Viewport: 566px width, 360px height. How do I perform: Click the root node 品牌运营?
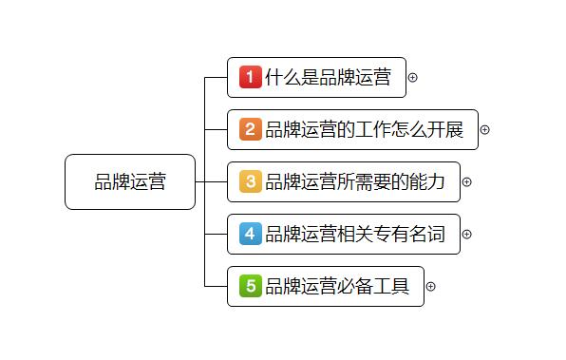click(130, 181)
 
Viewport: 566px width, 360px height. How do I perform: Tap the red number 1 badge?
click(250, 77)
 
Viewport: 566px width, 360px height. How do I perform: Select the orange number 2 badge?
click(250, 129)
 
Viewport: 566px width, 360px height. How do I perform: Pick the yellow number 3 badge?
click(250, 181)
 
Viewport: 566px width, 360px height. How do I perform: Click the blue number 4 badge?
click(250, 234)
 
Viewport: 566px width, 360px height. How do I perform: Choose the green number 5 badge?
click(250, 286)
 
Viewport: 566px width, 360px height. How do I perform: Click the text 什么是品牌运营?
click(329, 77)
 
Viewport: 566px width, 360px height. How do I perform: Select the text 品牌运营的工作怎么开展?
click(365, 129)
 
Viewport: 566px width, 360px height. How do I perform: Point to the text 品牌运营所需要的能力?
click(355, 181)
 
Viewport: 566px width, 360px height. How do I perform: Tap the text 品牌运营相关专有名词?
click(355, 234)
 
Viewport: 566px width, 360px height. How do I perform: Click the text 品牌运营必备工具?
click(337, 286)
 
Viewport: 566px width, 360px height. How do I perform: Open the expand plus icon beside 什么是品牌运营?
click(412, 77)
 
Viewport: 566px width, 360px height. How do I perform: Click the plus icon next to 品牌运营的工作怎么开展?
click(484, 129)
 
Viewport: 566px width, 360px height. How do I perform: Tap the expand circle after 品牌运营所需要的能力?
click(466, 182)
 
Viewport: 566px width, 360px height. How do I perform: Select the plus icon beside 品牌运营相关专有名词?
click(466, 235)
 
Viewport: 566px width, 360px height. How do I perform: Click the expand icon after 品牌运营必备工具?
click(430, 286)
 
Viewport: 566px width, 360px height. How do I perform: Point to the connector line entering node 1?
click(216, 77)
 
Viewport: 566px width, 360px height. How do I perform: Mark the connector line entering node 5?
click(216, 286)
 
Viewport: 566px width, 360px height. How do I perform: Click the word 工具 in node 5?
click(391, 286)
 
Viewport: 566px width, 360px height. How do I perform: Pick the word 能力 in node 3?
click(427, 181)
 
